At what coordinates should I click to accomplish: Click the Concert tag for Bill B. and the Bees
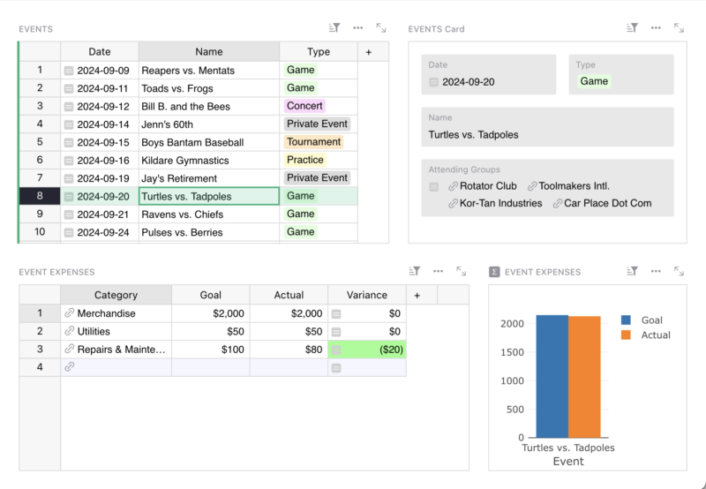[x=304, y=106]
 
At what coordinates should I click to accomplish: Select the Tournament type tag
[x=313, y=142]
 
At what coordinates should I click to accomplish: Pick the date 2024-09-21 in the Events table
[x=102, y=214]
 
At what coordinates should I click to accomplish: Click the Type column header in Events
[x=319, y=52]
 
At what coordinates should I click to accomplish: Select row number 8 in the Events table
[x=40, y=196]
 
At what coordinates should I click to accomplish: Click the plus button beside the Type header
[x=369, y=52]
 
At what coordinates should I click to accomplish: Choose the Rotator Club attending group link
[x=487, y=186]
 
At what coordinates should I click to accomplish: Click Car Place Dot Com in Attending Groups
[x=607, y=203]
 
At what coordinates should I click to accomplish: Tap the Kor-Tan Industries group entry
[x=500, y=203]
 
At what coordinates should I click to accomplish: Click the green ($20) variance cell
[x=367, y=350]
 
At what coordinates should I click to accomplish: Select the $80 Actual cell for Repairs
[x=288, y=350]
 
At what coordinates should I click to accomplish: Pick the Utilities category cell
[x=94, y=331]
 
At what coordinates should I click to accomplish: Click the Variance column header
[x=366, y=295]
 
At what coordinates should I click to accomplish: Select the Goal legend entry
[x=651, y=320]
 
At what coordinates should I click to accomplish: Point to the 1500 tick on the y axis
[x=512, y=352]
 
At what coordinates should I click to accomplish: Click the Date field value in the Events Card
[x=468, y=81]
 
